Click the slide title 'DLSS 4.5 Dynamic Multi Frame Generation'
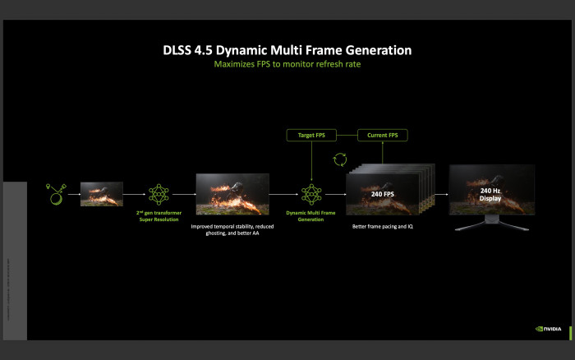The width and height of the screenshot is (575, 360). tap(287, 50)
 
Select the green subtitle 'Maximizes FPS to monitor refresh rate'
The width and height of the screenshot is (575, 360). tap(287, 64)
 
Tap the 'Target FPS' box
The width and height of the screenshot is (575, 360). tap(310, 134)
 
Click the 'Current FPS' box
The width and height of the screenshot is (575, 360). tap(382, 134)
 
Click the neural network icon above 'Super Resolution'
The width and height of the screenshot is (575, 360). tap(159, 194)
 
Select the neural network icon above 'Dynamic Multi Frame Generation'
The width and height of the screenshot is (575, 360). tap(310, 194)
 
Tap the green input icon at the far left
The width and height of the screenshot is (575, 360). tap(56, 194)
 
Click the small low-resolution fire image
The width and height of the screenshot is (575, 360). tap(101, 194)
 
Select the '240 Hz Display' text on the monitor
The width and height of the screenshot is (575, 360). tap(491, 193)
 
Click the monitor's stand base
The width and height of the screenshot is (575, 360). tap(491, 224)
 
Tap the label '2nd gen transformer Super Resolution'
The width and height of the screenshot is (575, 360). tap(159, 215)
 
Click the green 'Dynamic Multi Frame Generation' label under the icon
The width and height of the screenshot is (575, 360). tap(310, 215)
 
